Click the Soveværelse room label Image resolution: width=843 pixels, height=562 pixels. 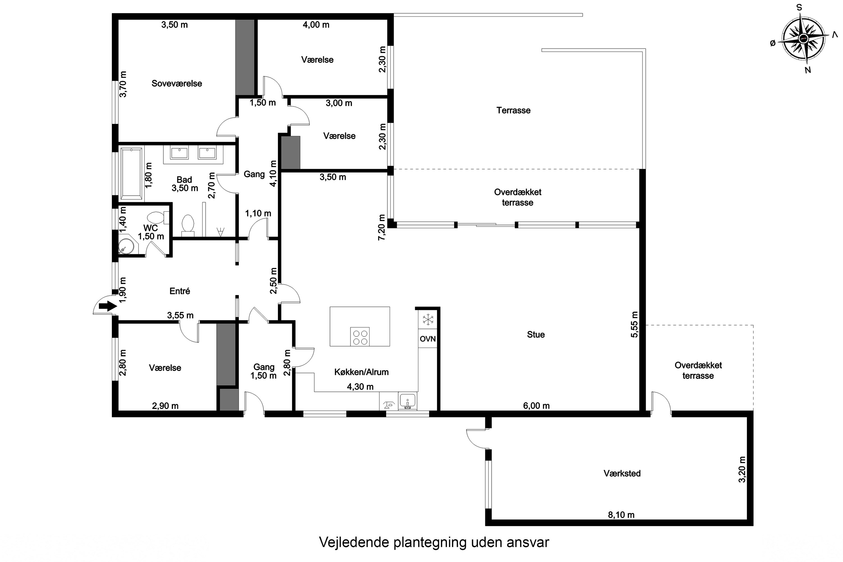pos(177,83)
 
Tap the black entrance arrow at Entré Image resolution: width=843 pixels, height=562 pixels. pos(108,306)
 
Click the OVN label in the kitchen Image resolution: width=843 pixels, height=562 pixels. pos(428,339)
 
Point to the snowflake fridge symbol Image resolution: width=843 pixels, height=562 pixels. pos(428,319)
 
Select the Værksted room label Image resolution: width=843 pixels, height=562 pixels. pos(622,473)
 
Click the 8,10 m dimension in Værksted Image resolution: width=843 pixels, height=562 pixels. pos(621,515)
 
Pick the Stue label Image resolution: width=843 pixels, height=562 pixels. pos(536,334)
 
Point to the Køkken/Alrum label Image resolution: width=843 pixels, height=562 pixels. pos(361,372)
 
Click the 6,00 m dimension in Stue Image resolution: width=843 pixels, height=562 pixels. pos(536,406)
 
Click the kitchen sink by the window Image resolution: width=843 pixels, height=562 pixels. pos(407,401)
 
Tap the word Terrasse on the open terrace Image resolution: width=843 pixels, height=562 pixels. pos(513,110)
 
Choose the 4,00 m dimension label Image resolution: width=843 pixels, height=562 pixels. pos(316,25)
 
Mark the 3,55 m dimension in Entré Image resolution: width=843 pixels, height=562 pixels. pos(180,315)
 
